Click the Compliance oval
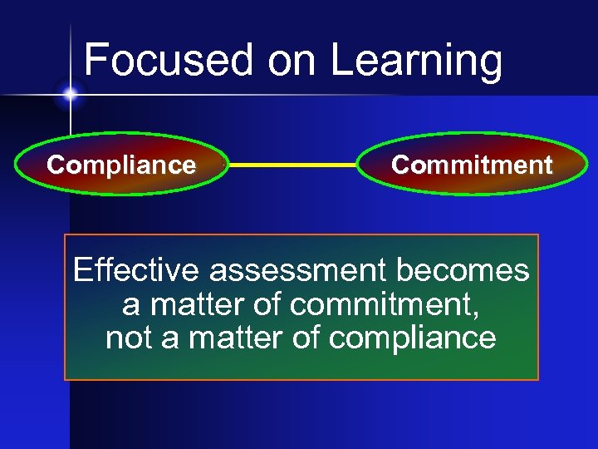tap(121, 165)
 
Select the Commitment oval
tap(471, 165)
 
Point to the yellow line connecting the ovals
tap(292, 165)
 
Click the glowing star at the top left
tap(70, 95)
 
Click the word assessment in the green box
tap(298, 271)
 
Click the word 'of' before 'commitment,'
tap(268, 305)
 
